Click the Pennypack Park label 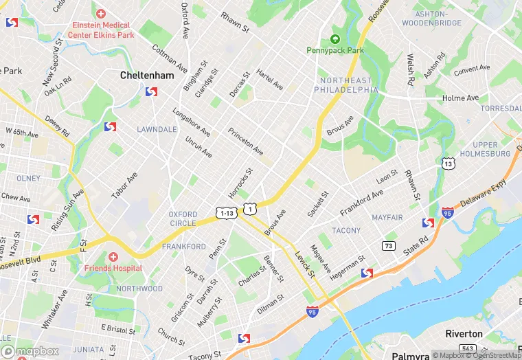click(x=335, y=50)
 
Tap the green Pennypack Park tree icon click(x=335, y=38)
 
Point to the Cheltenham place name click(x=147, y=75)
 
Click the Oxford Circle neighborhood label click(x=183, y=218)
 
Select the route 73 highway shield click(x=389, y=245)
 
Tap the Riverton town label click(x=464, y=334)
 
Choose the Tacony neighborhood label click(x=345, y=230)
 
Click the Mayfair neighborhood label click(x=387, y=217)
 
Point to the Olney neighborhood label click(x=29, y=178)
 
